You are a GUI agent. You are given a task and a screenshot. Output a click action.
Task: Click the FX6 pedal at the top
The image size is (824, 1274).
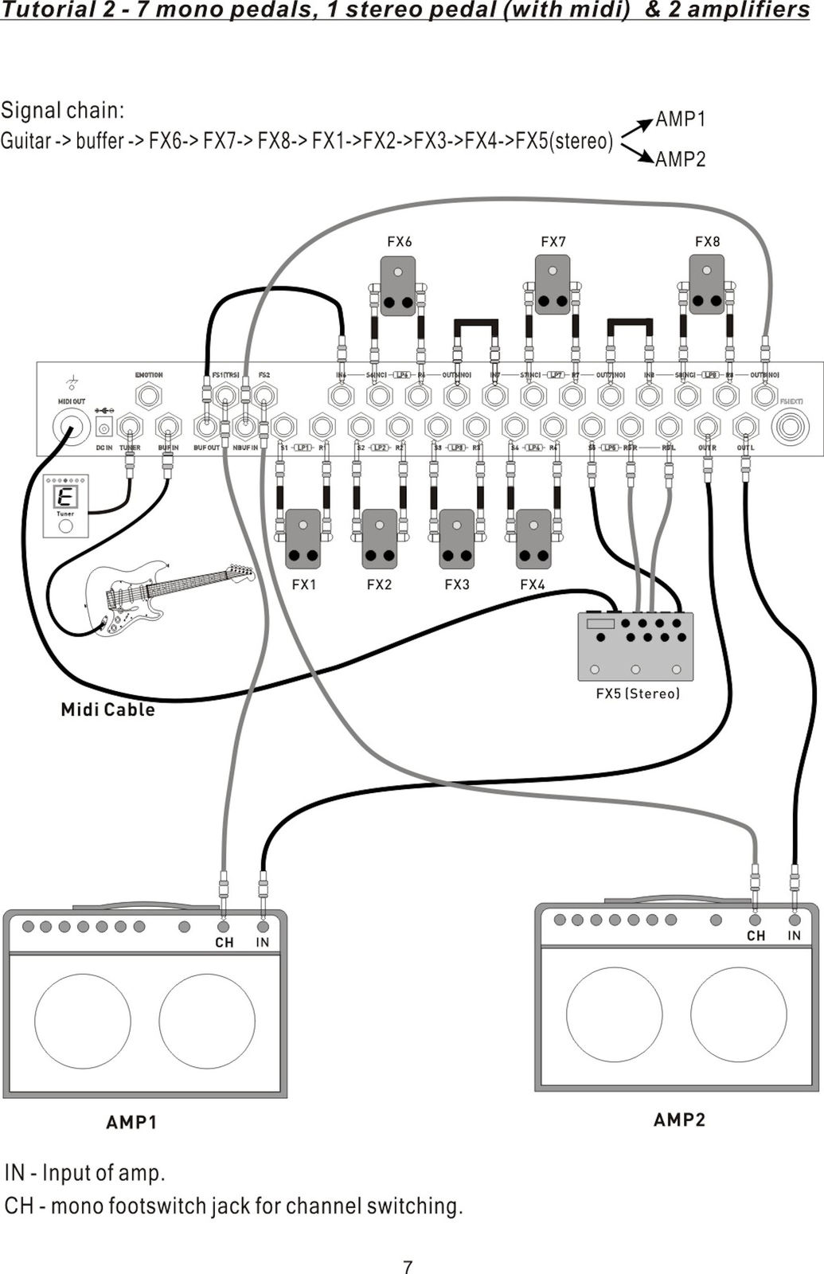coord(398,285)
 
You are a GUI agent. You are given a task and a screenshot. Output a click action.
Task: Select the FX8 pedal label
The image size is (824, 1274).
coord(707,241)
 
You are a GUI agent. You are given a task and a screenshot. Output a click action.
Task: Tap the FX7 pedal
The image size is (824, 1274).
coord(553,285)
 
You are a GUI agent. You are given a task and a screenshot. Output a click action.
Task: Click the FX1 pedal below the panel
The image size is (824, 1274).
coord(303,539)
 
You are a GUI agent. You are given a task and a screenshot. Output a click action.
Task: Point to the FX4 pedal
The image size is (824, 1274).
coord(533,539)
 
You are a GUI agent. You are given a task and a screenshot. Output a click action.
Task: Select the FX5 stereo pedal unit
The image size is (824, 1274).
coord(635,646)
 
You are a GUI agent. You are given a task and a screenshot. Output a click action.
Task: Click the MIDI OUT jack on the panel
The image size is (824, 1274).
coord(70,428)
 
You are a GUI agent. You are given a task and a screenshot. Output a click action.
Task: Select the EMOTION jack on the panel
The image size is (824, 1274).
coord(149,395)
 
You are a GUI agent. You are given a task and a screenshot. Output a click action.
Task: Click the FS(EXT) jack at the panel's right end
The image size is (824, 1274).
coord(791,427)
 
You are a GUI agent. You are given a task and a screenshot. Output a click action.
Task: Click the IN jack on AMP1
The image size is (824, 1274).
coord(263,927)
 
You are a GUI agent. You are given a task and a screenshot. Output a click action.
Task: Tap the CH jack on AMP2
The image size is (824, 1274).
coord(755,920)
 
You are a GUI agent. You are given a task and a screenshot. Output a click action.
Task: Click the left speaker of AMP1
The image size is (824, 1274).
coord(83,1021)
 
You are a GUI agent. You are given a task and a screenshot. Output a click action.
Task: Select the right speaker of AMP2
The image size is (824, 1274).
coord(738,1014)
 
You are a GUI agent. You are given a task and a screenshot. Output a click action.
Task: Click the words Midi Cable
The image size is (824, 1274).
coord(107,709)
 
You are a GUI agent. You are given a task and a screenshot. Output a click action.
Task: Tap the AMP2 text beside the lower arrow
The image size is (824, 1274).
coord(681,159)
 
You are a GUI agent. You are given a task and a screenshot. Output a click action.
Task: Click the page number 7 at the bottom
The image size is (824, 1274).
coord(408,1267)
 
